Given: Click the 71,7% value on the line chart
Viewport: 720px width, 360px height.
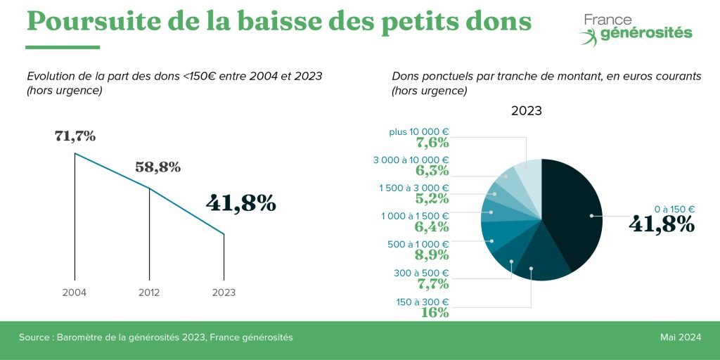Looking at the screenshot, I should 75,136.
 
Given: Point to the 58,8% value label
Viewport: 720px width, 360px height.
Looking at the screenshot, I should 157,167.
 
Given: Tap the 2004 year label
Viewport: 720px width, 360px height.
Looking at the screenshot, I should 75,292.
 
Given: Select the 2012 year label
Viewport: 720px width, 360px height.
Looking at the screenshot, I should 149,292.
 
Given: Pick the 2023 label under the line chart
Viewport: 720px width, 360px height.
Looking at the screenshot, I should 224,292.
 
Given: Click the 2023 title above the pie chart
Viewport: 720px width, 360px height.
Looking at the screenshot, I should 526,111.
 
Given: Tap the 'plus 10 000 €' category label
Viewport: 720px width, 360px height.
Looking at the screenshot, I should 419,131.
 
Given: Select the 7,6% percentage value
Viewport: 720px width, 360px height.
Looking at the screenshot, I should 432,143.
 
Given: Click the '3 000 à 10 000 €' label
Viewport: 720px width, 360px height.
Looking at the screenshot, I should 411,160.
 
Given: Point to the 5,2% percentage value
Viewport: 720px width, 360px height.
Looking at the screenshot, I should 432,199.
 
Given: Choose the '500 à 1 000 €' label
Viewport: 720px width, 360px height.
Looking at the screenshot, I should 414,244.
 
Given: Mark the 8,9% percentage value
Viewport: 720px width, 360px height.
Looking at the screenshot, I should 432,255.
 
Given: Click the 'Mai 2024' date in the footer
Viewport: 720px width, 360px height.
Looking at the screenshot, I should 680,337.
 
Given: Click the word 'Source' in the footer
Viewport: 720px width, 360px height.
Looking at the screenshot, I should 33,337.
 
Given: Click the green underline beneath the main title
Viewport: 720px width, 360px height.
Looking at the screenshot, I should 63,47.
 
